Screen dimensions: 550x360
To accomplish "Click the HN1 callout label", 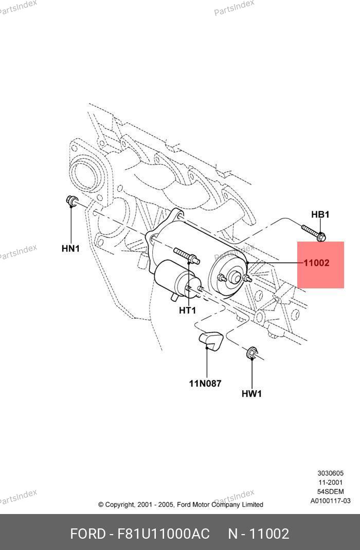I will click(x=70, y=248).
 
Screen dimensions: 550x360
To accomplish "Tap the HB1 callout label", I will click(x=320, y=214).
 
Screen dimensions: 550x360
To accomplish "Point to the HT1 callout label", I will click(x=187, y=310).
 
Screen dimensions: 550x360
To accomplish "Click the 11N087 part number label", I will click(x=205, y=383).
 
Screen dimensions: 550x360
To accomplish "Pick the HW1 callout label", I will click(x=251, y=394).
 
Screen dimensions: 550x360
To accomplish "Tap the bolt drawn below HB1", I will click(x=313, y=232).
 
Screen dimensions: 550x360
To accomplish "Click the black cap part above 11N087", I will click(x=210, y=340).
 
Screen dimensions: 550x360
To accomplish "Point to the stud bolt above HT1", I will click(x=186, y=255).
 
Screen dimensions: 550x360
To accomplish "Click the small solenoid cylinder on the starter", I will click(x=172, y=279).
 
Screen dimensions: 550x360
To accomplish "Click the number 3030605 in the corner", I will click(x=330, y=473).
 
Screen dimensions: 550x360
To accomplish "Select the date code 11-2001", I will click(x=330, y=482).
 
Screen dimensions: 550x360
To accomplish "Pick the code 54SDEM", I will click(x=330, y=491).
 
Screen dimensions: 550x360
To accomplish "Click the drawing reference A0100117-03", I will click(x=330, y=501).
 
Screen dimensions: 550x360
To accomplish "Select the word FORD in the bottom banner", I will click(x=87, y=534).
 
